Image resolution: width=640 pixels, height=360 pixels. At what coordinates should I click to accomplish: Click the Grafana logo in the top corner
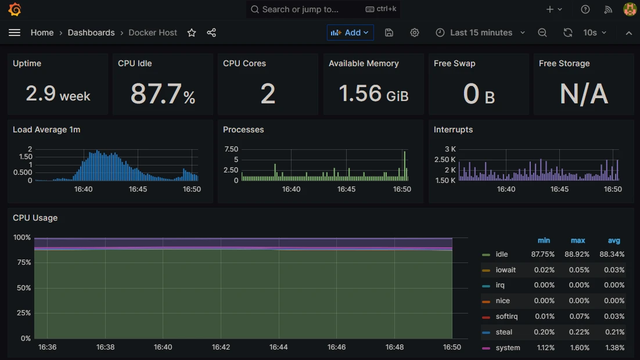(x=15, y=9)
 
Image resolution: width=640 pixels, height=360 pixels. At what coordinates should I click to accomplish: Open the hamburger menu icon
(x=15, y=33)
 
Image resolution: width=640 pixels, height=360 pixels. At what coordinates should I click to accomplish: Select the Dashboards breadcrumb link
(x=91, y=33)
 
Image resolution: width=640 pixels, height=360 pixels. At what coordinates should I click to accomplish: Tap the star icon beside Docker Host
(x=192, y=33)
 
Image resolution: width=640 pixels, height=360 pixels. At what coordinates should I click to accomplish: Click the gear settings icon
(x=415, y=33)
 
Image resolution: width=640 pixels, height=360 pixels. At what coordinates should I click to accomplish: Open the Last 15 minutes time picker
(x=480, y=33)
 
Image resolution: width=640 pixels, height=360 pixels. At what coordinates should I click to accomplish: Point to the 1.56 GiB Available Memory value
(x=373, y=93)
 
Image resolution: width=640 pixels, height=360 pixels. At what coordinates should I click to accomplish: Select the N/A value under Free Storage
(x=584, y=93)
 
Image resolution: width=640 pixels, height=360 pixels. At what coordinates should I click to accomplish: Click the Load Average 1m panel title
(x=46, y=129)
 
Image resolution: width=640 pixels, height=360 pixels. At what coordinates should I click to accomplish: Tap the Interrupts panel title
(x=453, y=129)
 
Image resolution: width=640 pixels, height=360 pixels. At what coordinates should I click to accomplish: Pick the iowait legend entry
(x=505, y=270)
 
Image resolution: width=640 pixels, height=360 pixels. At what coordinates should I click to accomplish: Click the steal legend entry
(x=504, y=332)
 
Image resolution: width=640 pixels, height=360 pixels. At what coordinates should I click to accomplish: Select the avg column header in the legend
(x=614, y=240)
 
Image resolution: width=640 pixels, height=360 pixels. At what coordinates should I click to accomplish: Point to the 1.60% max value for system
(x=578, y=348)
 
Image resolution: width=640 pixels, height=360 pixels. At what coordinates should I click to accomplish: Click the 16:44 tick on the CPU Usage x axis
(x=278, y=347)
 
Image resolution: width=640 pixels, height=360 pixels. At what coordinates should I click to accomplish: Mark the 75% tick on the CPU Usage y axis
(x=22, y=262)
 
